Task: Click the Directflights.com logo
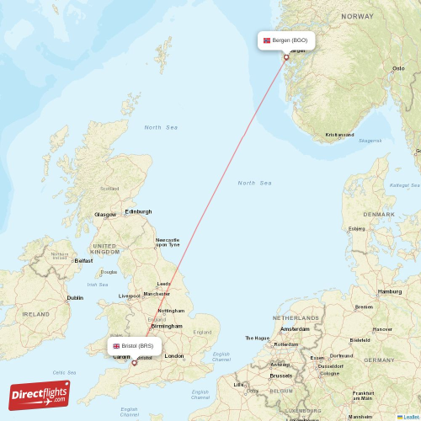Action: tap(40, 394)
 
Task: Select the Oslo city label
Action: tap(398, 68)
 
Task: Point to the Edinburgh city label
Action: tap(138, 211)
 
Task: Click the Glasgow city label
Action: tap(105, 214)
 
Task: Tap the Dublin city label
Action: tap(75, 297)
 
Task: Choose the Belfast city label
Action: tap(83, 261)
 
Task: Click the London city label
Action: tap(174, 356)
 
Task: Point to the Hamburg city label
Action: tap(390, 291)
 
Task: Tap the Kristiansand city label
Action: tap(339, 135)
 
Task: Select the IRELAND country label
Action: tap(35, 313)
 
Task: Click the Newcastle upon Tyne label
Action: tap(167, 242)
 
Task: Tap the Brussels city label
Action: tap(281, 376)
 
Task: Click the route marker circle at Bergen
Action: tap(286, 58)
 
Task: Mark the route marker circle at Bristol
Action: tap(134, 363)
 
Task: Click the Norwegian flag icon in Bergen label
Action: tap(268, 40)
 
